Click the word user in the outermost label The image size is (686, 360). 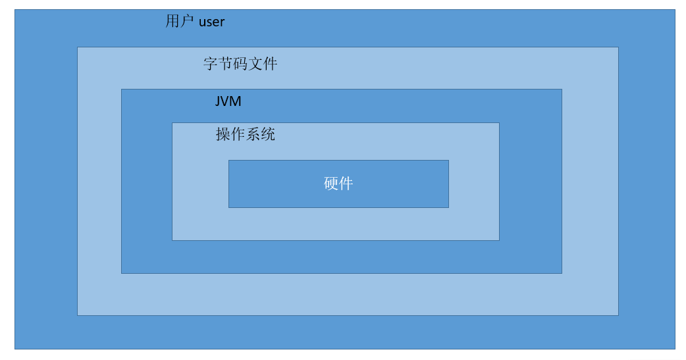pyautogui.click(x=211, y=22)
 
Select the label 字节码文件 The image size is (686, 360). pyautogui.click(x=240, y=64)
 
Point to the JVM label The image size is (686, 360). pyautogui.click(x=228, y=101)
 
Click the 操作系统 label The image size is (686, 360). pyautogui.click(x=246, y=135)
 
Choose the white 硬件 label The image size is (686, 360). pyautogui.click(x=338, y=184)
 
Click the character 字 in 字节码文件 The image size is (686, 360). pyautogui.click(x=211, y=64)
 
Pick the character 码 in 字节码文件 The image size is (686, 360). pyautogui.click(x=240, y=64)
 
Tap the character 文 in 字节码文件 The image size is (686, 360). pyautogui.click(x=255, y=64)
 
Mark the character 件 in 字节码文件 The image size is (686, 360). pyautogui.click(x=270, y=64)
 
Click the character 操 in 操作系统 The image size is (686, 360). pyautogui.click(x=223, y=135)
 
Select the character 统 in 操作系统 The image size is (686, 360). pyautogui.click(x=268, y=135)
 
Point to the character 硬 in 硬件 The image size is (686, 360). pyautogui.click(x=331, y=184)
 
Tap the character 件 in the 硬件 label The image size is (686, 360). pyautogui.click(x=346, y=184)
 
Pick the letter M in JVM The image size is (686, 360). pyautogui.click(x=236, y=101)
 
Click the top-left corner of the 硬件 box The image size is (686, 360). pyautogui.click(x=229, y=161)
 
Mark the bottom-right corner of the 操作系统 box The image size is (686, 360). pyautogui.click(x=499, y=240)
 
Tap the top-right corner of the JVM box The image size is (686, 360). pyautogui.click(x=562, y=90)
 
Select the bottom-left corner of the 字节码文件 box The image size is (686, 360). pyautogui.click(x=78, y=315)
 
